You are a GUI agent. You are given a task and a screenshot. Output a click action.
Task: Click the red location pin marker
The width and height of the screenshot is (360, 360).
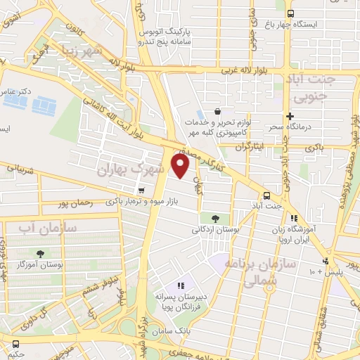tap(181, 166)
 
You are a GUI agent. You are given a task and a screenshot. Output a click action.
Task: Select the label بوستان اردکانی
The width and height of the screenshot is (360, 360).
tap(215, 229)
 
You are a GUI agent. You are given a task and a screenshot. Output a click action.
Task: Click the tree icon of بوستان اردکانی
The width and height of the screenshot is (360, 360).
tap(214, 218)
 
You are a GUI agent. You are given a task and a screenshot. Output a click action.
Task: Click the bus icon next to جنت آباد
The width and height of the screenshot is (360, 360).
tap(266, 195)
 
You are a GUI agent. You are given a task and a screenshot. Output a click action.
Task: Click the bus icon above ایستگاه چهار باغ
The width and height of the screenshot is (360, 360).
tap(289, 13)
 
